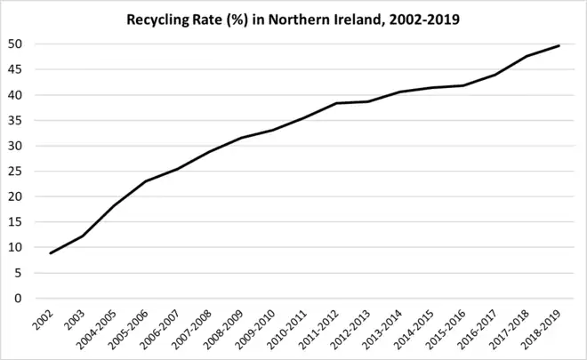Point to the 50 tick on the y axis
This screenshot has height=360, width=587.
tap(16, 44)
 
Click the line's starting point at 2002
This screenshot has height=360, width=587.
tap(51, 253)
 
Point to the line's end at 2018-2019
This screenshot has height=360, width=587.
tap(559, 46)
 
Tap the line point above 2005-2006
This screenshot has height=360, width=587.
tap(146, 181)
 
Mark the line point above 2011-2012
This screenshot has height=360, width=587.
tap(336, 103)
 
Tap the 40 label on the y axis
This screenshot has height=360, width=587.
tap(16, 95)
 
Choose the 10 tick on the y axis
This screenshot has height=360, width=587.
tap(16, 248)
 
